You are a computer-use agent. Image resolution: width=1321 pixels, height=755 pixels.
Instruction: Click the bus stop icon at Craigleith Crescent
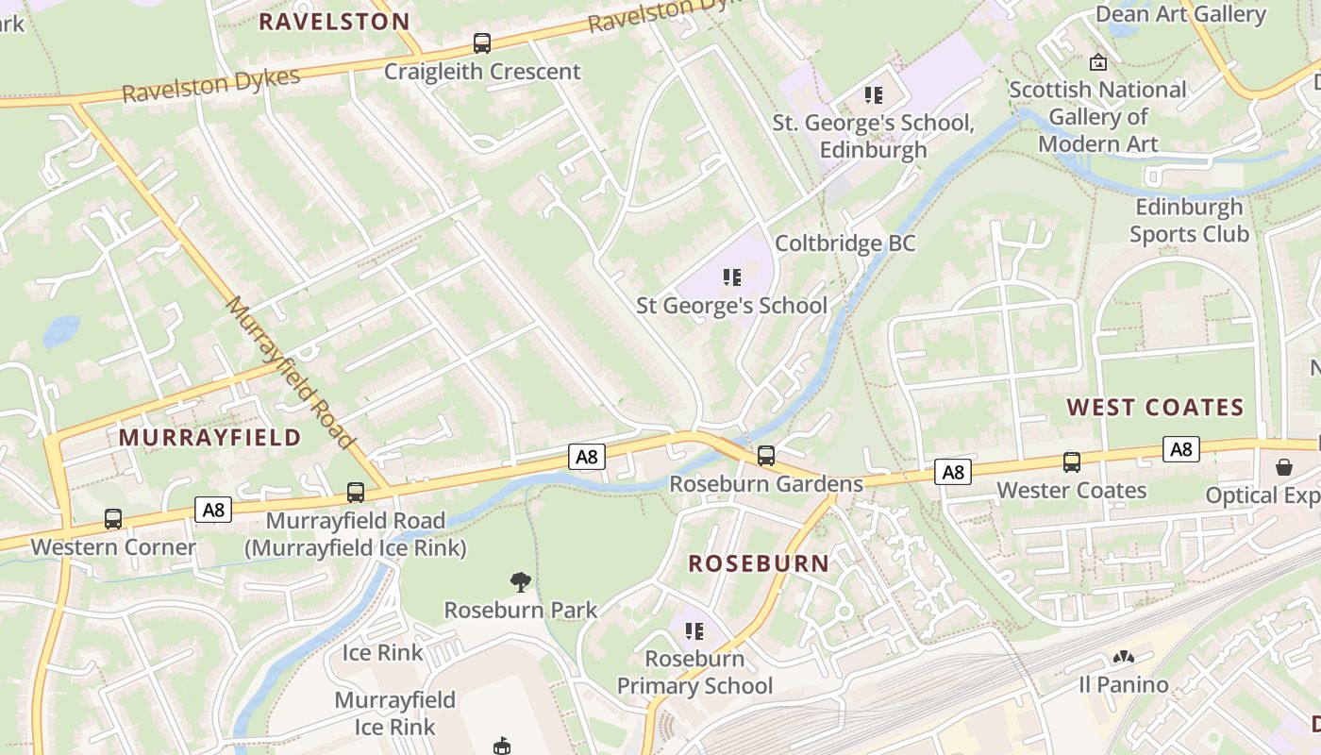point(482,43)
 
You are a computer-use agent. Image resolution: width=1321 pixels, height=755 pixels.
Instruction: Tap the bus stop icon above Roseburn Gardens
point(766,456)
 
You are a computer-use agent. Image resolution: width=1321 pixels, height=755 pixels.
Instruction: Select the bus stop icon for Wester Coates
point(1072,462)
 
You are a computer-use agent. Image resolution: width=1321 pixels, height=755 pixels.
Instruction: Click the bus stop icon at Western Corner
point(113,519)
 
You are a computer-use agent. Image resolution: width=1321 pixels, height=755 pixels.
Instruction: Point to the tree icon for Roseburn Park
point(520,581)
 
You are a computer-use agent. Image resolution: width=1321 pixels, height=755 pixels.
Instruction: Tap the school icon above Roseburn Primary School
point(694,630)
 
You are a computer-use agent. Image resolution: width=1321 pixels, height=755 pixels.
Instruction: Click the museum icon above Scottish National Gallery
point(1098,62)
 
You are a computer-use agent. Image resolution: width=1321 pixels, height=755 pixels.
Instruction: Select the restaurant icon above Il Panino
point(1123,657)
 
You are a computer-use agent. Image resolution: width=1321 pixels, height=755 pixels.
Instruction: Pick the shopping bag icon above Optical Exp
point(1284,467)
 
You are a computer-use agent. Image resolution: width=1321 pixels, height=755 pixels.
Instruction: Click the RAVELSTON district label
point(334,22)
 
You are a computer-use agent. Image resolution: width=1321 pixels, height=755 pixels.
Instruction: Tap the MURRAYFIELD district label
point(209,438)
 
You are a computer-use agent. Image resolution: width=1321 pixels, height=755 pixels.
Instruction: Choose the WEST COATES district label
point(1155,408)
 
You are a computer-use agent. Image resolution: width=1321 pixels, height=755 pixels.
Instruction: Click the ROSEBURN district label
point(759,563)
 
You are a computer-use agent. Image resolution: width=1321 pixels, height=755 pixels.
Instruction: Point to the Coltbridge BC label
point(844,243)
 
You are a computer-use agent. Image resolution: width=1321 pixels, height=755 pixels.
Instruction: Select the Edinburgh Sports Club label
point(1189,220)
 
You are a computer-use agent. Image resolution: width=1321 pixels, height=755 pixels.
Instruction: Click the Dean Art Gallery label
point(1179,14)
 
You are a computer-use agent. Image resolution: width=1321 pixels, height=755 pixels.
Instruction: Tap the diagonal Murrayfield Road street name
point(291,373)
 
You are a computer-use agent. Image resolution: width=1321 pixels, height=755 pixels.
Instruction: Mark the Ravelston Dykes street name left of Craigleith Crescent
point(210,85)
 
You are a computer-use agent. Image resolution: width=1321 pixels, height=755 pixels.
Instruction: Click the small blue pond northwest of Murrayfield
point(61,331)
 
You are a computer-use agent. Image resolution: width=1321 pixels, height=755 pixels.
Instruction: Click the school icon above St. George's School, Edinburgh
point(873,94)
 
